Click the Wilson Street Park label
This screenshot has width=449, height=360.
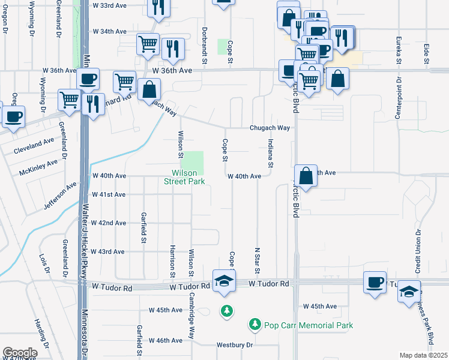point(184,177)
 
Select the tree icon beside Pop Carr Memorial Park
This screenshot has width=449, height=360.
point(255,325)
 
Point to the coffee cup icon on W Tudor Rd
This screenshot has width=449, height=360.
point(375,282)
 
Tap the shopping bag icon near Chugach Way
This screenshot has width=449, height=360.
point(148,90)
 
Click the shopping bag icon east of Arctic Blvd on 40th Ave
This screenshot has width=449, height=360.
point(306,176)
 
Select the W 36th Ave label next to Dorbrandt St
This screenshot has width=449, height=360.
point(172,70)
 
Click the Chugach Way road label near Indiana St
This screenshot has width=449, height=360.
point(270,128)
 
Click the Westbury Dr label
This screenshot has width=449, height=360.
point(235,345)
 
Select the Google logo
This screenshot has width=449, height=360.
point(19,353)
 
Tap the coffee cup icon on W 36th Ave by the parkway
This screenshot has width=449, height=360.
point(88,79)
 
